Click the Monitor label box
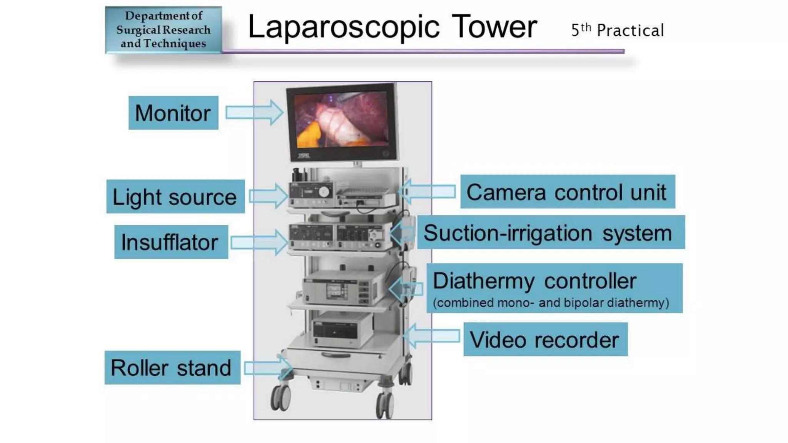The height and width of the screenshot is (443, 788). (173, 113)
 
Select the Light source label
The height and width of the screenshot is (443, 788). (175, 197)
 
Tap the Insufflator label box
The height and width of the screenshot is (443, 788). (171, 242)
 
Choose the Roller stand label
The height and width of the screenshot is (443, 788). (172, 367)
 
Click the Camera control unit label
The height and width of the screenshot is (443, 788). (567, 192)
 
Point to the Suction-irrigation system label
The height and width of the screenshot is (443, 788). (551, 232)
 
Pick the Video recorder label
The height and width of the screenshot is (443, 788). (545, 339)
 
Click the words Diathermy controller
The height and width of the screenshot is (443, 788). (534, 280)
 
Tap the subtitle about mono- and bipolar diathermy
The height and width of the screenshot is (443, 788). (551, 303)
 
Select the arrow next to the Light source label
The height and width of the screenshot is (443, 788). (269, 196)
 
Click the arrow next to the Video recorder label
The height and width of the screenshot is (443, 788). (432, 336)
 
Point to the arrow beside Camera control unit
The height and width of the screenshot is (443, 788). (427, 191)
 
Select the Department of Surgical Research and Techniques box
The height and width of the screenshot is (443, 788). (164, 30)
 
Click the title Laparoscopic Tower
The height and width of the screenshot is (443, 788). (392, 27)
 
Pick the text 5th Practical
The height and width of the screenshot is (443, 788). (617, 30)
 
